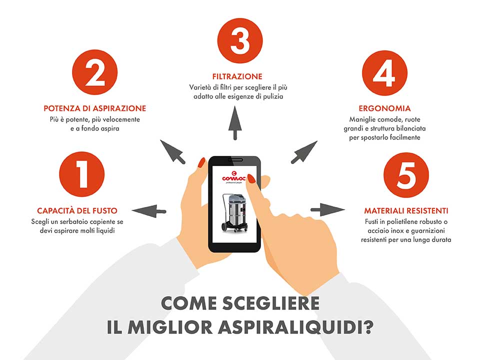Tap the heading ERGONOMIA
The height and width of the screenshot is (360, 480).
point(384,108)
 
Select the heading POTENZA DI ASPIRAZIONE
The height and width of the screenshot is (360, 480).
point(94,108)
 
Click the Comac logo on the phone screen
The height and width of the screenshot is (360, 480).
point(234,177)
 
